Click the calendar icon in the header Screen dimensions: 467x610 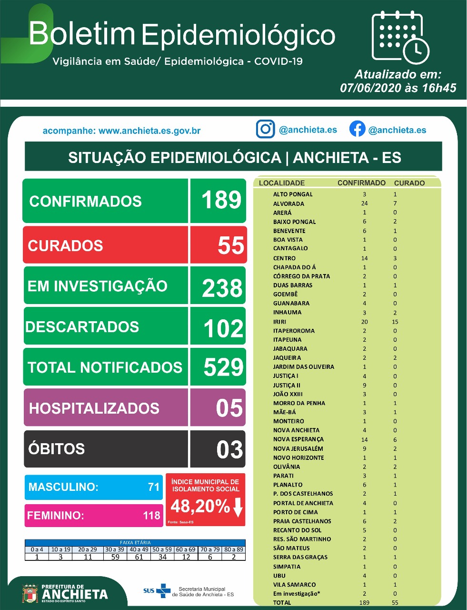coord(400,37)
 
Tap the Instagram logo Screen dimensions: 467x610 coord(265,129)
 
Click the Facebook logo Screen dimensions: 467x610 coord(357,129)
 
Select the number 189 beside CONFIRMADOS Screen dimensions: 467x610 coord(221,200)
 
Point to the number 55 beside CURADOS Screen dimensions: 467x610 coord(231,245)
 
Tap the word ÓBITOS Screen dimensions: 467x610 coord(56,448)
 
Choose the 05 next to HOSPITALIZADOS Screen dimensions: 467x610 coord(229,407)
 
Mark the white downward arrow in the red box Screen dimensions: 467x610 coord(238,507)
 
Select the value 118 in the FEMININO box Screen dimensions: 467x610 coord(151,516)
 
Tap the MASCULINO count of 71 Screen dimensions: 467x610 coord(154,487)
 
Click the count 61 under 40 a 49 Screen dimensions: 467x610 coord(139,557)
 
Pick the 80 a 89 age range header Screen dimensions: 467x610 coord(233,549)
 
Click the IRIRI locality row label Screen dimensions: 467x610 coord(279,322)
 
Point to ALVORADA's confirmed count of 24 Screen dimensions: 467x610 coord(364,203)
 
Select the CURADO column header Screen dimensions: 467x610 coord(409,183)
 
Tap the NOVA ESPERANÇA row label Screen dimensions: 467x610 coord(298,439)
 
